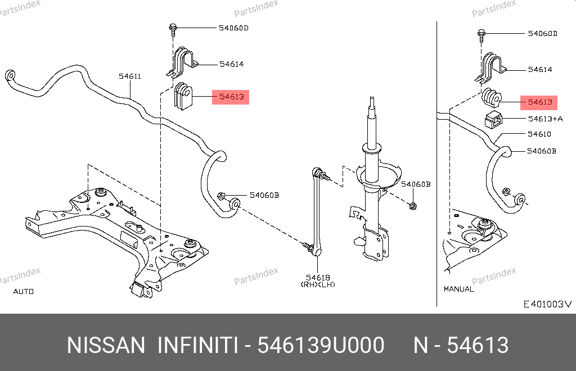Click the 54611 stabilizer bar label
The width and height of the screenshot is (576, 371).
[130, 76]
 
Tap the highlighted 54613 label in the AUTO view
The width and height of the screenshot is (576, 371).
[231, 97]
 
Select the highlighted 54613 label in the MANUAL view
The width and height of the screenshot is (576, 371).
[539, 102]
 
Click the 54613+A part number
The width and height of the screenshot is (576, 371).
[545, 119]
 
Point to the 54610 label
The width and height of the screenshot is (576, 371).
[539, 134]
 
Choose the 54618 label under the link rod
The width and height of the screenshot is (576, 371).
[318, 278]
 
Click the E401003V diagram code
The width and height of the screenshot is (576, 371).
[547, 304]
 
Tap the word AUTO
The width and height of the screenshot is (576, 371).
[24, 291]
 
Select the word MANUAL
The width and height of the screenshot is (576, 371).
[459, 289]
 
